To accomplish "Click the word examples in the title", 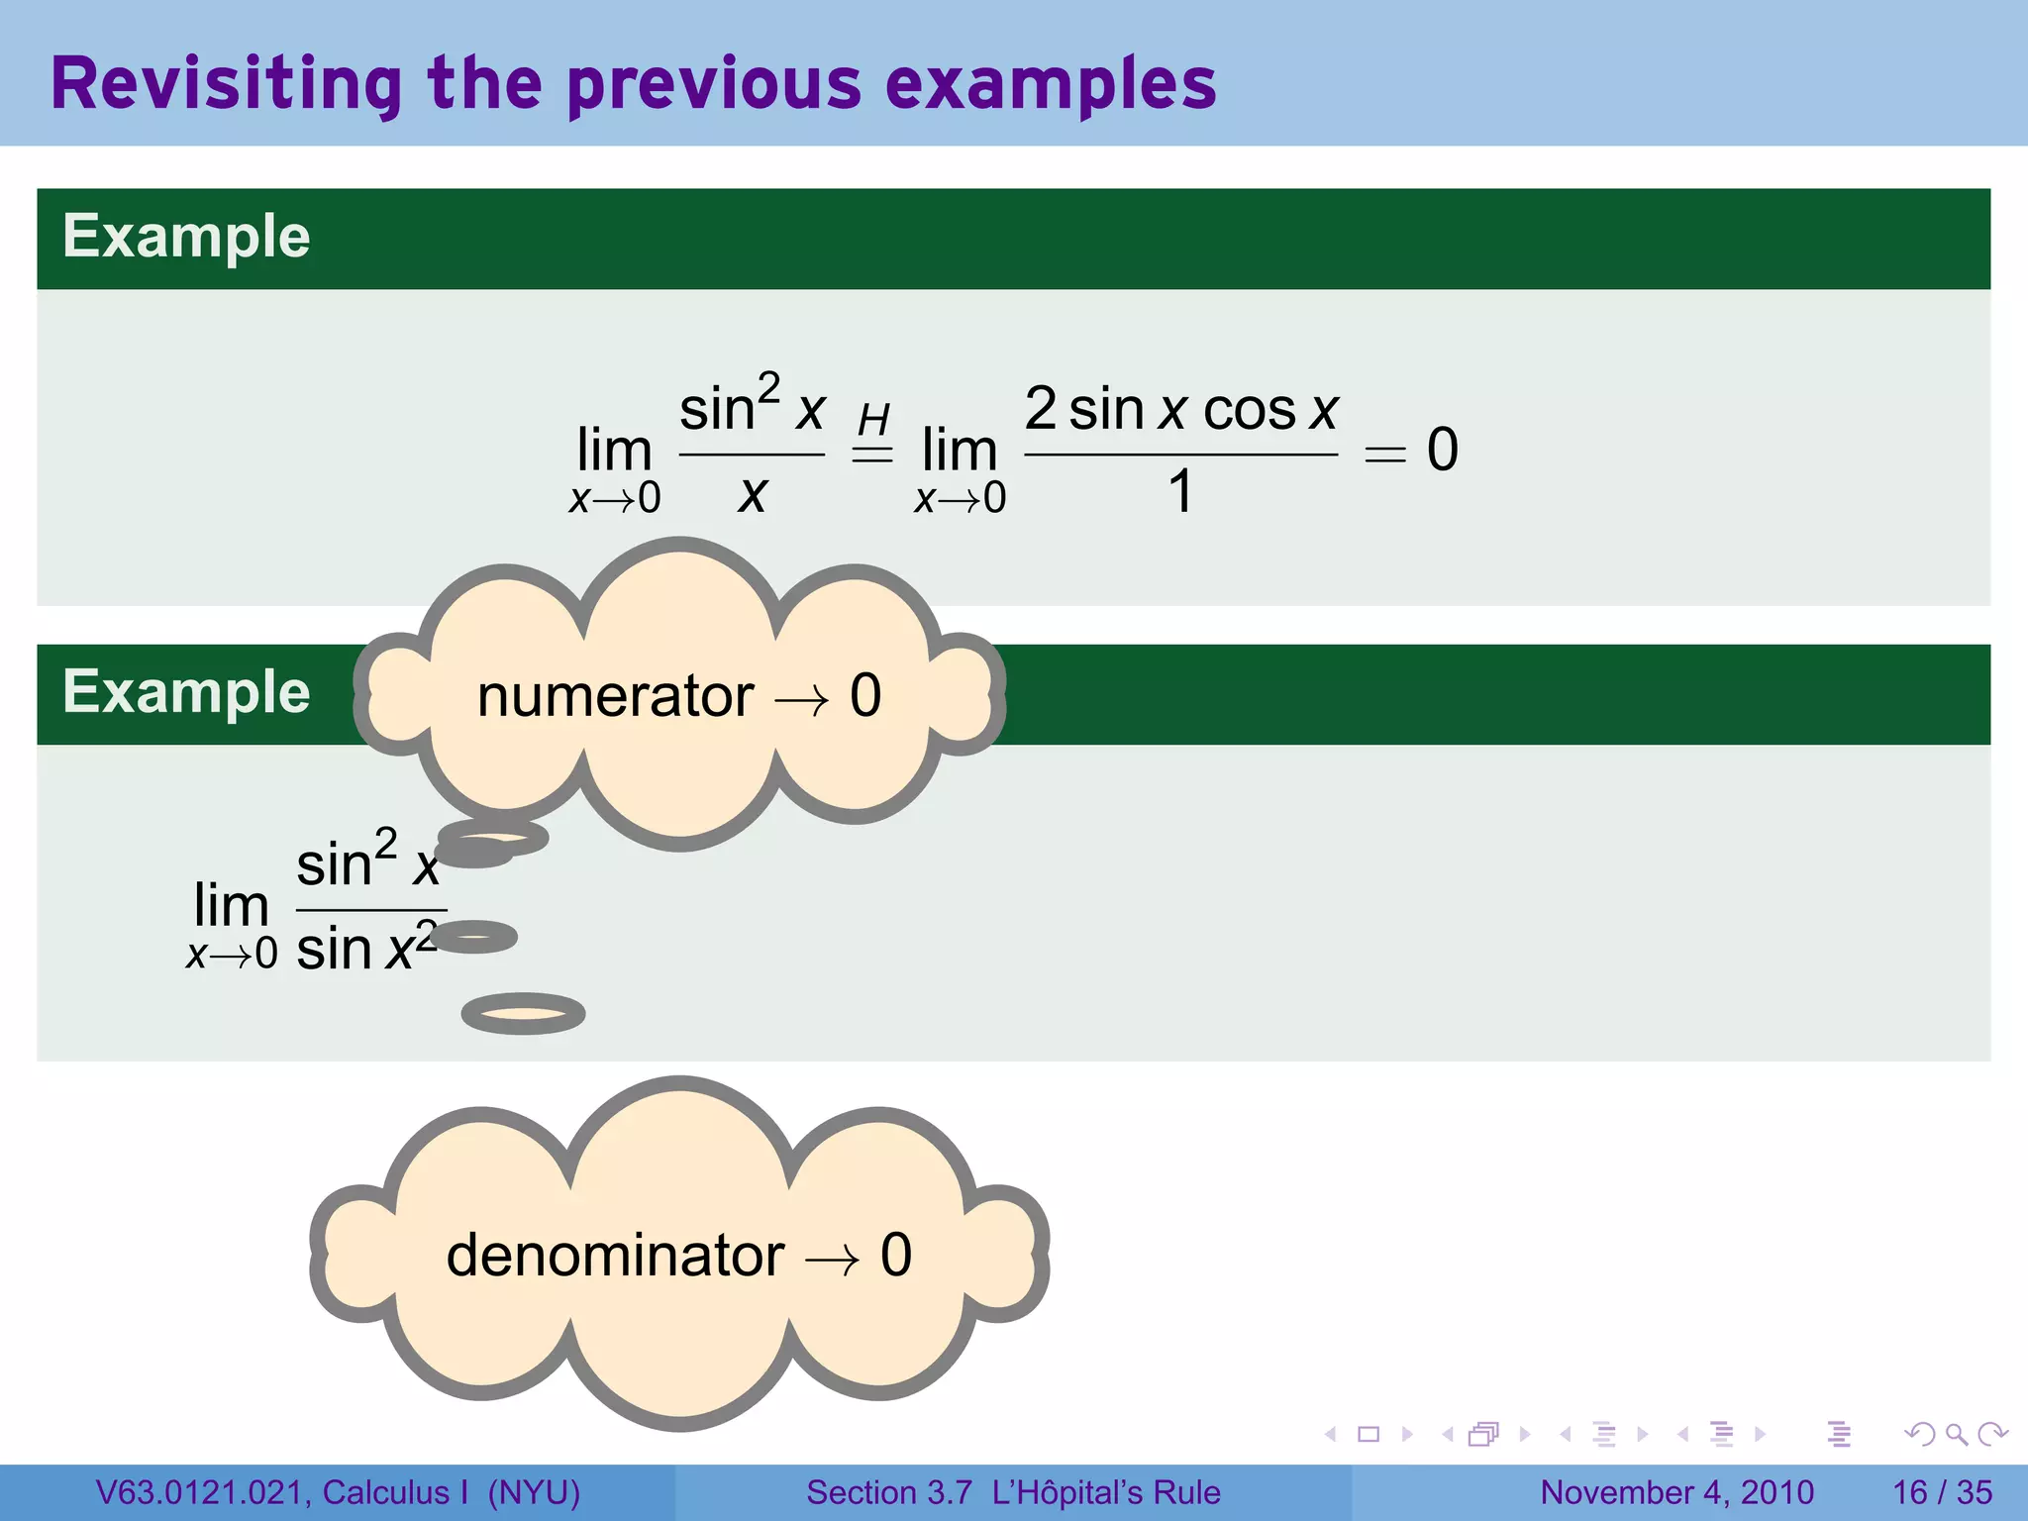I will (x=1051, y=85).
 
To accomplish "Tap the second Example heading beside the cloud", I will (x=186, y=691).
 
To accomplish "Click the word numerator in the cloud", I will (x=615, y=696).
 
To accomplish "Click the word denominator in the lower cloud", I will (x=615, y=1256).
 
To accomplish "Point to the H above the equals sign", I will (x=873, y=420).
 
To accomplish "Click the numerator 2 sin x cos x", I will (x=1180, y=409).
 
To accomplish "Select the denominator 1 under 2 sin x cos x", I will (x=1180, y=491).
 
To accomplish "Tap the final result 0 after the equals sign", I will (x=1443, y=450).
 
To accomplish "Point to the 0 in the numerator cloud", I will (x=865, y=695).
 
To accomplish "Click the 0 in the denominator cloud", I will (x=896, y=1255).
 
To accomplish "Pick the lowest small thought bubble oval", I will (x=523, y=1013).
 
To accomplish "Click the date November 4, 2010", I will (x=1676, y=1492).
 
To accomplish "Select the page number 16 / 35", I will (x=1942, y=1492).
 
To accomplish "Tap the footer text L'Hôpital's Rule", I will (x=1106, y=1492).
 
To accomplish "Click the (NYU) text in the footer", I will (x=534, y=1492).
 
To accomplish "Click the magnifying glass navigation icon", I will (x=1956, y=1434).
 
